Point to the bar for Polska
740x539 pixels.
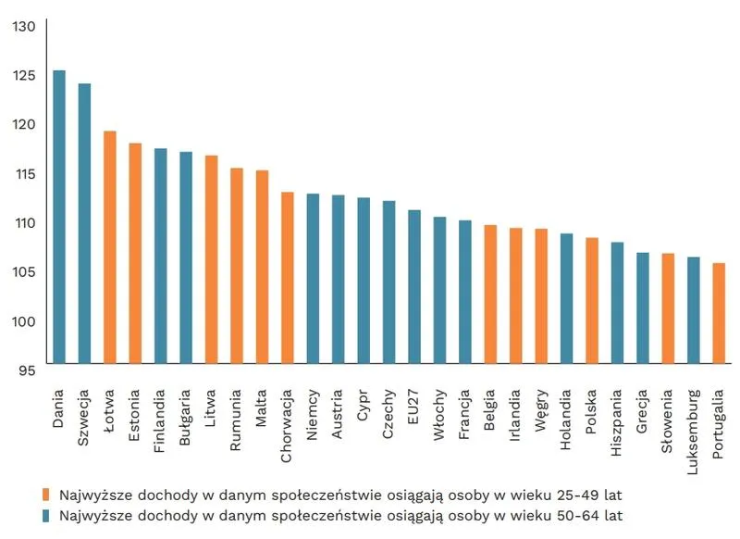click(592, 301)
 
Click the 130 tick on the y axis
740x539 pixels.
click(24, 26)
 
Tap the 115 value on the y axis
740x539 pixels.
click(25, 174)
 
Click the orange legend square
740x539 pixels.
click(45, 493)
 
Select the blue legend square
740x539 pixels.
click(45, 514)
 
